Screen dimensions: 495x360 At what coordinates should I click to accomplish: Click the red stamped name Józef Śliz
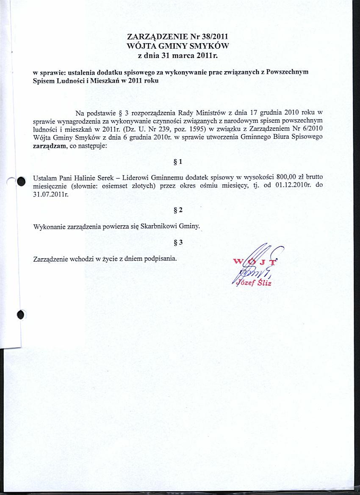[x=254, y=283]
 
